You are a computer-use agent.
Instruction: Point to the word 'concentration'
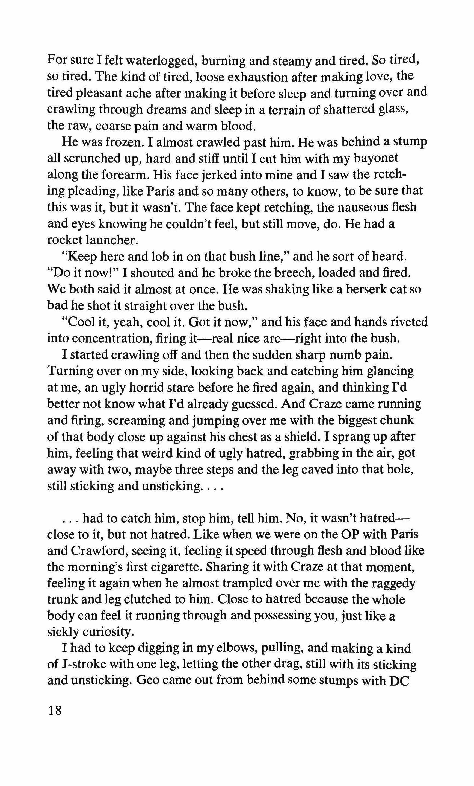(99, 339)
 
